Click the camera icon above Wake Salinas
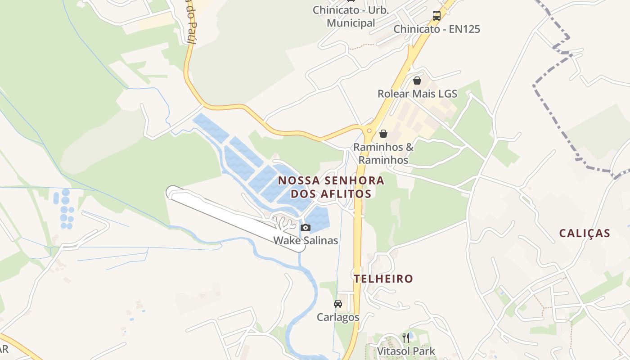[x=306, y=227]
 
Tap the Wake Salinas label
[x=306, y=240]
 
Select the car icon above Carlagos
[x=338, y=304]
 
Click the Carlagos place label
[x=338, y=317]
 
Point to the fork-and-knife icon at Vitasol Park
[x=406, y=337]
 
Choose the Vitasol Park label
[x=406, y=351]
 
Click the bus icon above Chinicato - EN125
[x=436, y=16]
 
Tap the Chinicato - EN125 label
[x=436, y=29]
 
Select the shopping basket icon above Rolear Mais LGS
[x=417, y=81]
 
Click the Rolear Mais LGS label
[x=417, y=94]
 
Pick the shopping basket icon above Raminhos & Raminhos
[x=383, y=134]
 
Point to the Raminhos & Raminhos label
[x=383, y=153]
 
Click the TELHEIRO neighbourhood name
[x=383, y=279]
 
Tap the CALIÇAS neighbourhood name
[x=585, y=233]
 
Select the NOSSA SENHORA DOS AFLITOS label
[x=331, y=187]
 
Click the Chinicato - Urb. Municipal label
[x=351, y=17]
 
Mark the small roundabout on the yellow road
[x=369, y=130]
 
